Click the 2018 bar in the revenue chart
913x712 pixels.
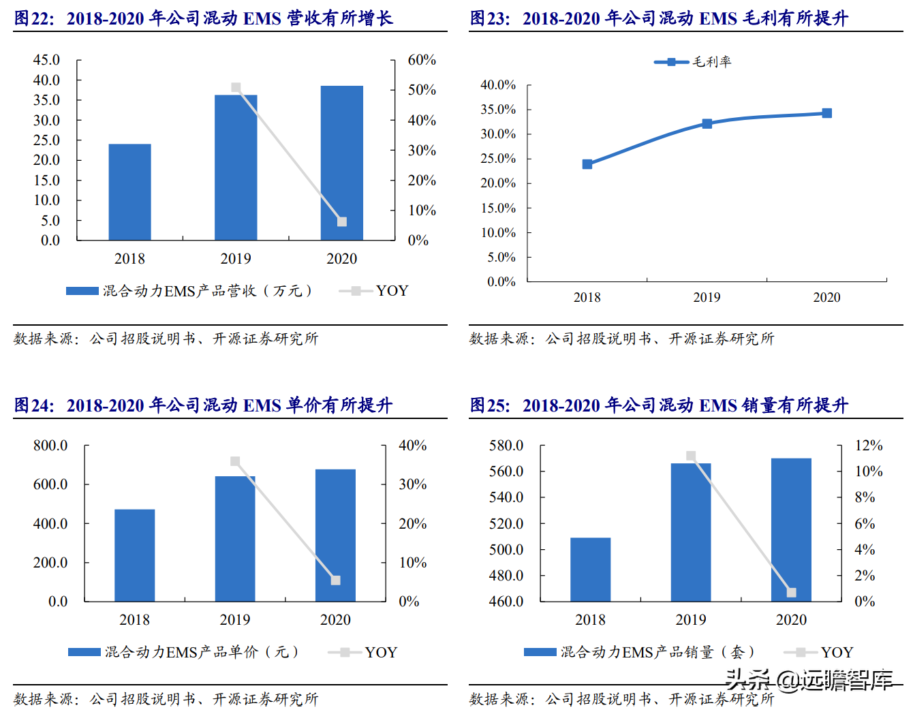(x=129, y=192)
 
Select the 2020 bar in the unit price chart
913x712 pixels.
(x=335, y=535)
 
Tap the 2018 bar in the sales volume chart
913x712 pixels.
(x=590, y=570)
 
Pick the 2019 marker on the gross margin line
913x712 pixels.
(x=707, y=124)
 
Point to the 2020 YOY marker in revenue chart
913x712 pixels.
(x=342, y=221)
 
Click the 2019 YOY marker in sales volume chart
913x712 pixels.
(x=691, y=456)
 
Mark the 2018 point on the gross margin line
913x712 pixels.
(x=587, y=164)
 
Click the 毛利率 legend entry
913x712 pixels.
(x=693, y=62)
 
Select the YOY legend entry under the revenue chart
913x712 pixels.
(x=374, y=291)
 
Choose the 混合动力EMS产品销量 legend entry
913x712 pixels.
(x=639, y=652)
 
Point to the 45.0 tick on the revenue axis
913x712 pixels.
(x=46, y=60)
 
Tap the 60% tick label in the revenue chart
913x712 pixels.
(x=422, y=60)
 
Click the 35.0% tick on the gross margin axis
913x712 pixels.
(x=498, y=110)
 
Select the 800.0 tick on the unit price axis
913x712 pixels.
(x=50, y=446)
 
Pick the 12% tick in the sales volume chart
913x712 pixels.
(x=869, y=446)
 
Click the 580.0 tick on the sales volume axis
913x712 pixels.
(x=506, y=446)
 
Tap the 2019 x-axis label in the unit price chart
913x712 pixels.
(x=235, y=620)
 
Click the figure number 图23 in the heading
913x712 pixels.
(x=489, y=18)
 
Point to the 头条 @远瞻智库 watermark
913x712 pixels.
(x=809, y=679)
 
